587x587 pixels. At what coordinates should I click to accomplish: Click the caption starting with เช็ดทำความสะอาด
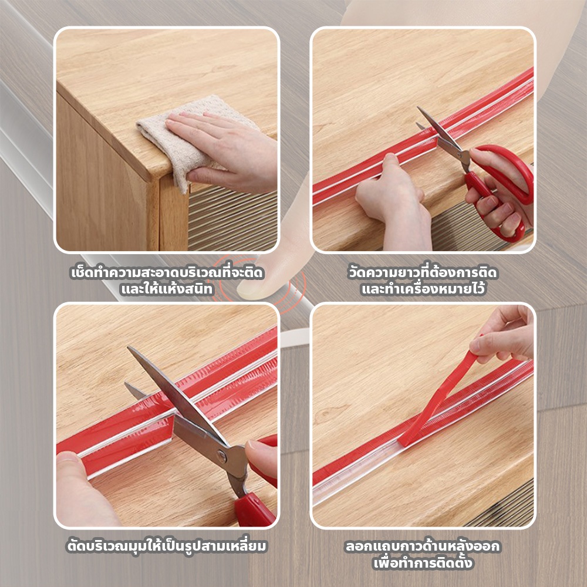tap(167, 272)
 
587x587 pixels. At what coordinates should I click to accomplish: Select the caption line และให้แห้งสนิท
tap(167, 289)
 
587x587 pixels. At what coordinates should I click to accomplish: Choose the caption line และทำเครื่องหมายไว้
tap(423, 289)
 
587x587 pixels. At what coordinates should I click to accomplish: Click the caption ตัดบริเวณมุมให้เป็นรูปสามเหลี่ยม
tap(167, 546)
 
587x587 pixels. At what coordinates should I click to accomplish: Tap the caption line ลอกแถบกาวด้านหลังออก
tap(423, 546)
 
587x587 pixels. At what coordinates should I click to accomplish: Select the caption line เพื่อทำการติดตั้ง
tap(423, 563)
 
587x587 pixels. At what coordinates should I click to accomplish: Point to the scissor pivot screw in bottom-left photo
tap(222, 457)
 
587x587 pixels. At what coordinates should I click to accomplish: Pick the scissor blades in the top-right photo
tap(442, 135)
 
